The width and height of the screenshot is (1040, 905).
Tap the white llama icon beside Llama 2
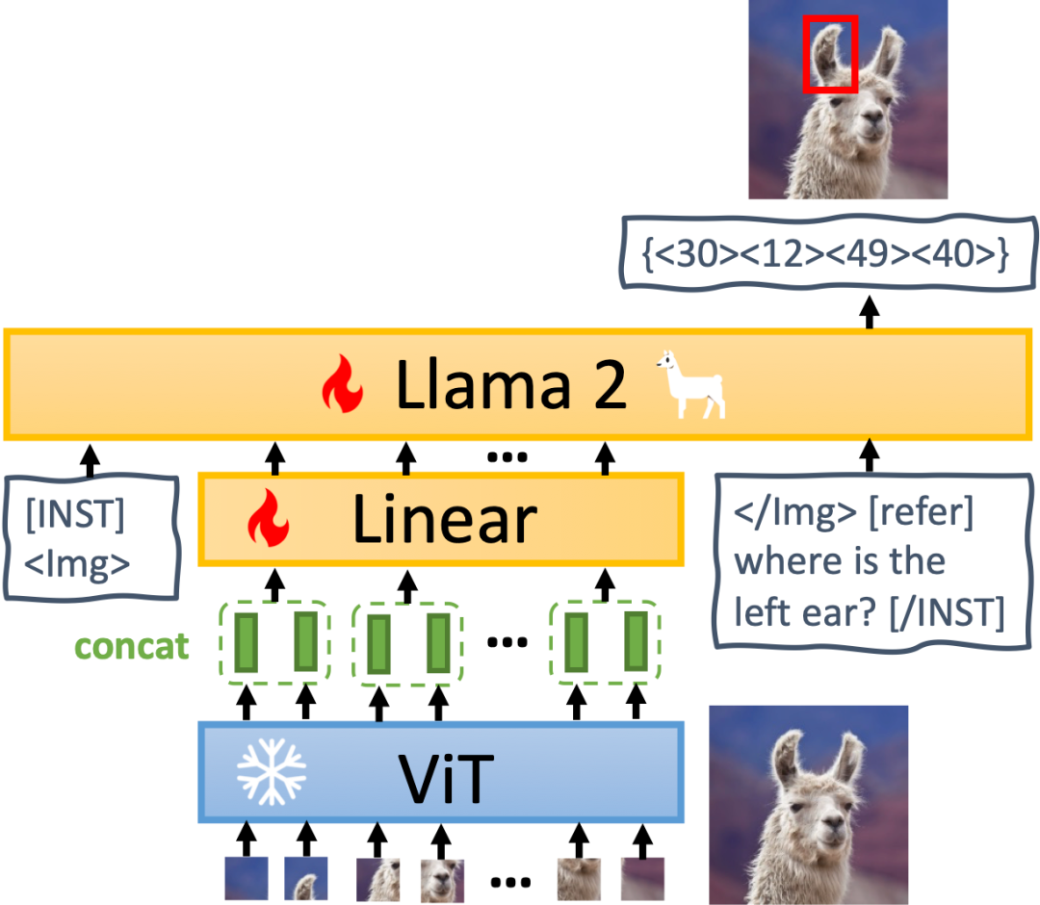691,384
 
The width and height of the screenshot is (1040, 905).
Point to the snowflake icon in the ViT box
272,772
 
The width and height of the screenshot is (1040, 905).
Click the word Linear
444,520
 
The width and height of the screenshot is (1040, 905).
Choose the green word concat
131,646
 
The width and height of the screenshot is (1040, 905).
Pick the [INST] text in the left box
75,516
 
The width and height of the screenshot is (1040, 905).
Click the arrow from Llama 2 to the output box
870,310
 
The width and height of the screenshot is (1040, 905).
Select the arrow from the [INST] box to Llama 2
90,456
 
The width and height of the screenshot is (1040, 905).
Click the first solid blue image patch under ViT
246,878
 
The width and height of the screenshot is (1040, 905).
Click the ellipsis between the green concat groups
507,639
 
